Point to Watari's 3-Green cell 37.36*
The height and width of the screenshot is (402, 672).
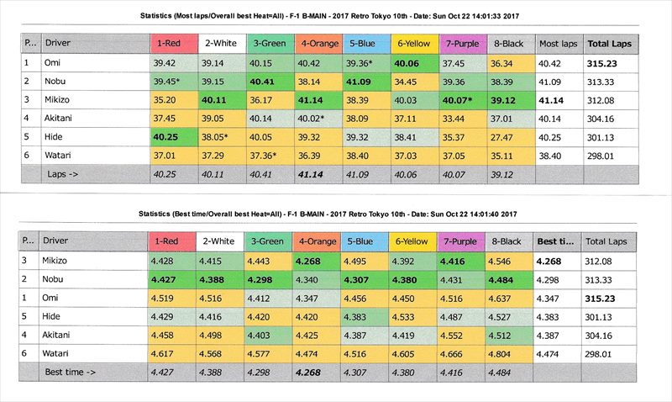(270, 156)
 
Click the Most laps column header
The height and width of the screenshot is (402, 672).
(559, 43)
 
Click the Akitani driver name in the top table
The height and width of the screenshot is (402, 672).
(63, 119)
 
